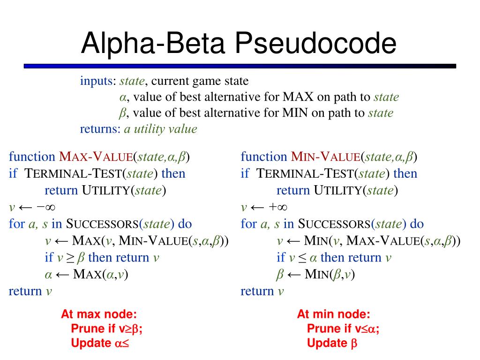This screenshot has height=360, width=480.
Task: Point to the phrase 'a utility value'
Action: (160, 129)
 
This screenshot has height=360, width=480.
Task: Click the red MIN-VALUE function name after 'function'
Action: (326, 157)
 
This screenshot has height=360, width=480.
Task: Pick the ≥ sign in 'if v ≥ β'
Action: (70, 258)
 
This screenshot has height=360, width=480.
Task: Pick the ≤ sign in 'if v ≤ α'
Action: (302, 258)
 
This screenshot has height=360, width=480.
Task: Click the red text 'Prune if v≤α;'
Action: (343, 329)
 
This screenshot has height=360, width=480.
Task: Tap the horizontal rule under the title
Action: (240, 67)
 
